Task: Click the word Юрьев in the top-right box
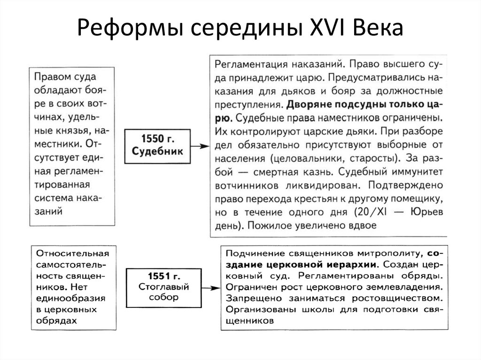(x=429, y=212)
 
